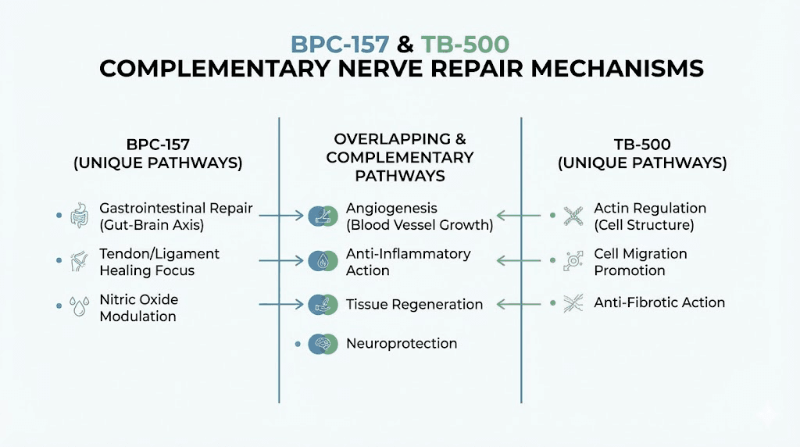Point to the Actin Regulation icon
coord(574,216)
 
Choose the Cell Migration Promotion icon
coord(574,261)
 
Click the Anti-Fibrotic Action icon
coord(574,302)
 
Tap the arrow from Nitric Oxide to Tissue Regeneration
coord(280,302)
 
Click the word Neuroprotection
coord(402,343)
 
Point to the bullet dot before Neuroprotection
coord(298,343)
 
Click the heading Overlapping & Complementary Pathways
coord(400,157)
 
